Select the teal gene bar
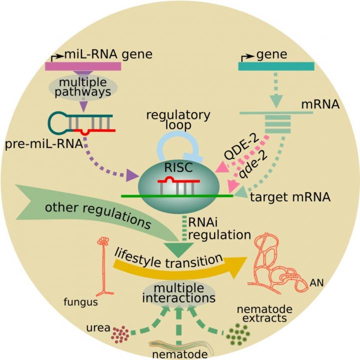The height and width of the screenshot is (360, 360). click(x=276, y=66)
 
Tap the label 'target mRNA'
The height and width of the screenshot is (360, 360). click(x=290, y=197)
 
